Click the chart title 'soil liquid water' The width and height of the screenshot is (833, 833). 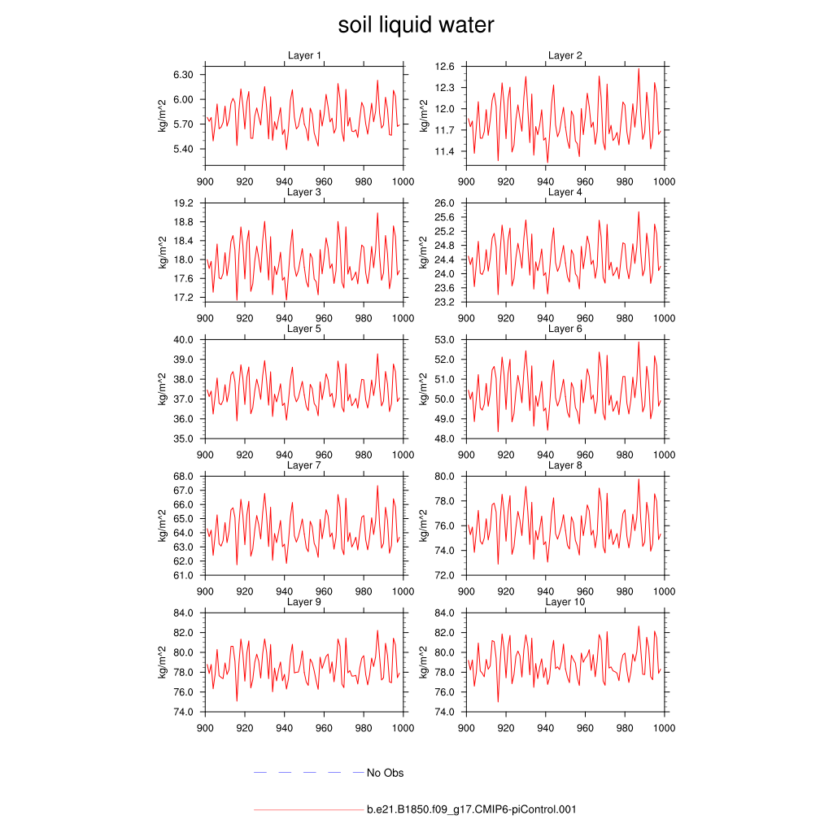[416, 25]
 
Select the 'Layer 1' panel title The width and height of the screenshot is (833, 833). [304, 55]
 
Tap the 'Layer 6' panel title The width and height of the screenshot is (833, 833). [565, 329]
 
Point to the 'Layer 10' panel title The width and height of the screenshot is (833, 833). [565, 602]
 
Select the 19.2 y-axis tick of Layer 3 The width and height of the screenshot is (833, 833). [185, 203]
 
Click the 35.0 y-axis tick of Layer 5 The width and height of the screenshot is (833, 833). [185, 438]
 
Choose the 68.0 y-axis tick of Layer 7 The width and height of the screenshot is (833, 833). [185, 476]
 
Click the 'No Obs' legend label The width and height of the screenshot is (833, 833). [385, 773]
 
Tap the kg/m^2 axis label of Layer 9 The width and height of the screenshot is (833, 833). [163, 662]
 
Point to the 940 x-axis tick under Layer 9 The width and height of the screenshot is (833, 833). [284, 728]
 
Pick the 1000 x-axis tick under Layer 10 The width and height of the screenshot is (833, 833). [665, 728]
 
